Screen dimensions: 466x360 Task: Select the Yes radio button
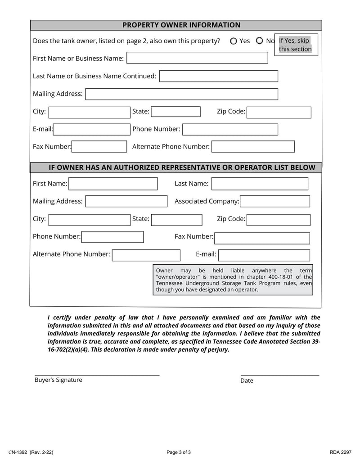point(233,41)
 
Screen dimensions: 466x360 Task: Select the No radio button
point(260,41)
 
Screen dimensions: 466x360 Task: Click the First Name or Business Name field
point(197,58)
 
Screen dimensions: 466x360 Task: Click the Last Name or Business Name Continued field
point(219,76)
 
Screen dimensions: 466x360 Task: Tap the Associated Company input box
point(274,201)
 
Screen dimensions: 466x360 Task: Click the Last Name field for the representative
point(260,184)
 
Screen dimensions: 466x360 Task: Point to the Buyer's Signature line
point(97,374)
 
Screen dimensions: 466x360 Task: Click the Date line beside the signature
point(280,374)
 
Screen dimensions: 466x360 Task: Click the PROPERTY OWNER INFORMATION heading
point(181,25)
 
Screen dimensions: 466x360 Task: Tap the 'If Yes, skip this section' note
point(295,45)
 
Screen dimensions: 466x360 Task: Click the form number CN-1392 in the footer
point(21,452)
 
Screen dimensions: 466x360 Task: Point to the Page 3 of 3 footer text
point(179,452)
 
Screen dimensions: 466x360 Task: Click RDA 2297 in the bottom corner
point(340,452)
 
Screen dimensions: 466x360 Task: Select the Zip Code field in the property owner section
point(279,112)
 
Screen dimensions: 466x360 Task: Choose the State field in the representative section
point(176,220)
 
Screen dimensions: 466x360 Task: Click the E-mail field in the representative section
point(264,255)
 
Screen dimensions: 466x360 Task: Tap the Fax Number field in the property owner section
point(99,147)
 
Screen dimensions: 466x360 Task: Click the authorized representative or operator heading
point(182,167)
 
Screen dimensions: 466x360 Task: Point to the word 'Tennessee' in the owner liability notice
point(171,283)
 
